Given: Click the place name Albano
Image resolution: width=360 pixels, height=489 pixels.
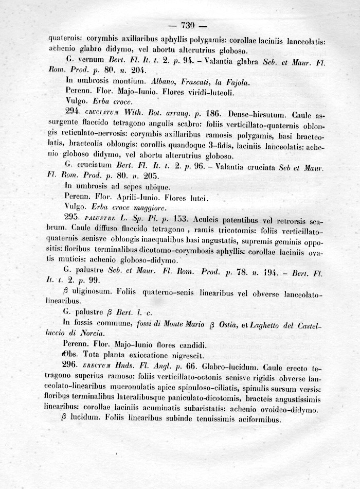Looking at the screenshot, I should (164, 81).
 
